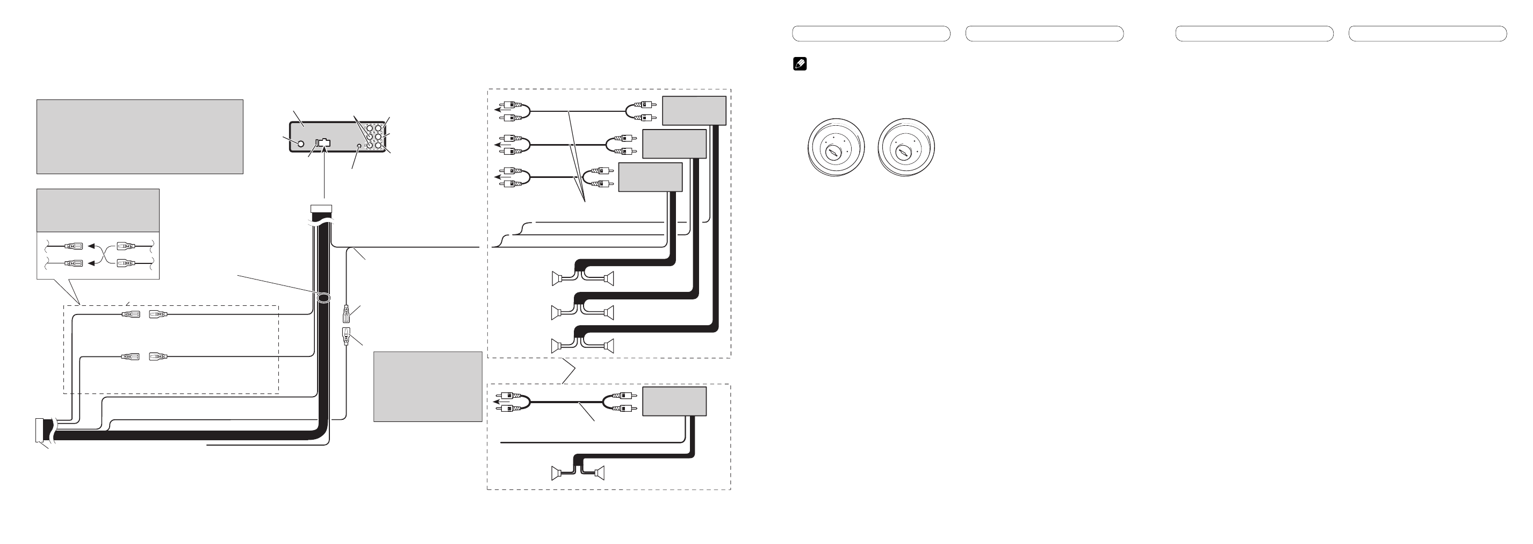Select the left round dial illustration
coord(836,147)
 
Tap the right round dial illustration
coord(906,147)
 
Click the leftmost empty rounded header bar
coord(870,33)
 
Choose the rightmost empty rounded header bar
coord(1427,33)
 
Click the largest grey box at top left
coord(140,137)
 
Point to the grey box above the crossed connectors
coord(98,210)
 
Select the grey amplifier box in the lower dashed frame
coord(674,401)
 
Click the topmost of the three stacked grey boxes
coord(694,111)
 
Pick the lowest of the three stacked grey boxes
coord(650,177)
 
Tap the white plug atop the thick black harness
coord(321,209)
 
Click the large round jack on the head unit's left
coord(300,144)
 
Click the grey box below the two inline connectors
coord(427,386)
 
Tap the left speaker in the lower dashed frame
coord(558,473)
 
